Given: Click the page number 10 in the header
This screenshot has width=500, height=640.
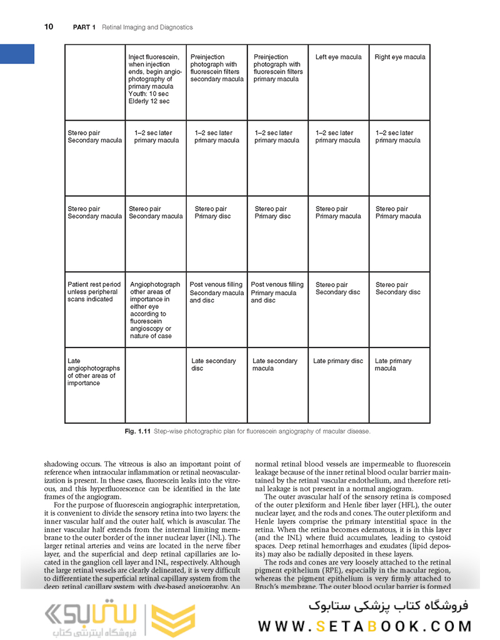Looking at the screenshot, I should point(48,27).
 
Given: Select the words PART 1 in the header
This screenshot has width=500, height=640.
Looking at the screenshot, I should point(85,27).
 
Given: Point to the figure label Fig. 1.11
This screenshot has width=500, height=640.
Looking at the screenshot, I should point(137,432).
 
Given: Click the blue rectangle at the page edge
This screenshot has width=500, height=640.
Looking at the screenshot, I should point(17,54).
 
